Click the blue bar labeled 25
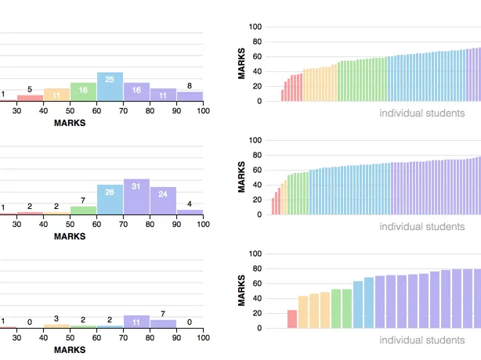[x=110, y=87]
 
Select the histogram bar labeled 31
[x=136, y=196]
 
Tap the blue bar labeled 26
[x=110, y=200]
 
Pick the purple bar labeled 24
[x=163, y=200]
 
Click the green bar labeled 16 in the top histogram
[x=83, y=92]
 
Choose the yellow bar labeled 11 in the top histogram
[x=56, y=95]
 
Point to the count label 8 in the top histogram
[x=190, y=86]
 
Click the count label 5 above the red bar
[x=30, y=89]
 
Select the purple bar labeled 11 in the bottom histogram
[x=136, y=321]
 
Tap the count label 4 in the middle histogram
[x=190, y=205]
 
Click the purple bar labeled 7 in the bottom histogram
[x=163, y=323]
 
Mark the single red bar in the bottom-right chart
[x=292, y=319]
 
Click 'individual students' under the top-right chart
[x=421, y=113]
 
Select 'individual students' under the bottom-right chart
[x=421, y=340]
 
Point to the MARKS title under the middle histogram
[x=70, y=236]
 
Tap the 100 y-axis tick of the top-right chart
[x=255, y=27]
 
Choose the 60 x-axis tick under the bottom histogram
[x=96, y=338]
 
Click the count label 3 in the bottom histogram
[x=56, y=319]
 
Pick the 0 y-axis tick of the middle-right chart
[x=259, y=214]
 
